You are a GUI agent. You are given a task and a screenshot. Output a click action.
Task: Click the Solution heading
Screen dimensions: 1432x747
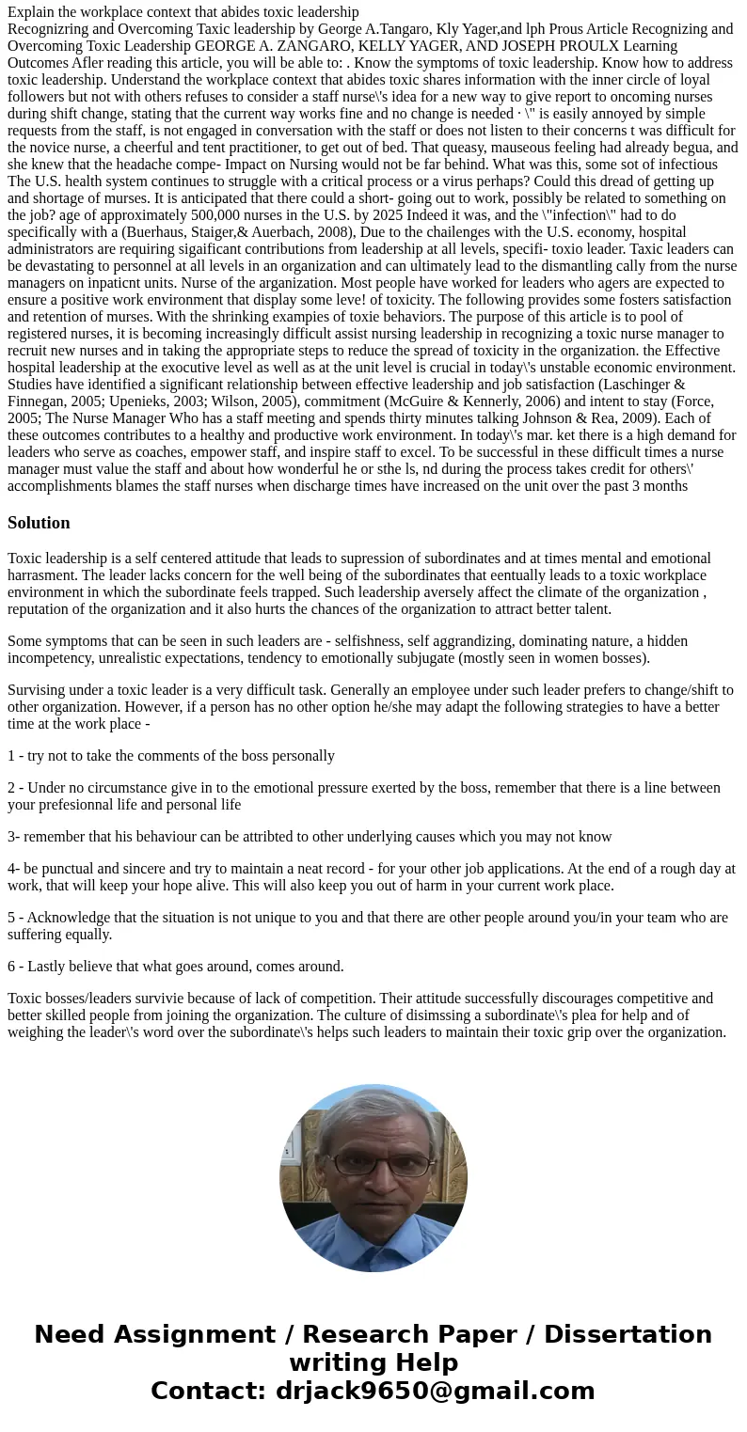[x=39, y=523]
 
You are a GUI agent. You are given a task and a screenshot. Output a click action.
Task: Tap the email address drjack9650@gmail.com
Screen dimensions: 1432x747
[x=435, y=1391]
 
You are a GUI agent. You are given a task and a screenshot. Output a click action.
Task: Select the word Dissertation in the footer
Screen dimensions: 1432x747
[x=628, y=1334]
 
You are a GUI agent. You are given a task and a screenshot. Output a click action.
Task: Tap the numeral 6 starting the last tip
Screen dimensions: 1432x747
[x=11, y=967]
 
